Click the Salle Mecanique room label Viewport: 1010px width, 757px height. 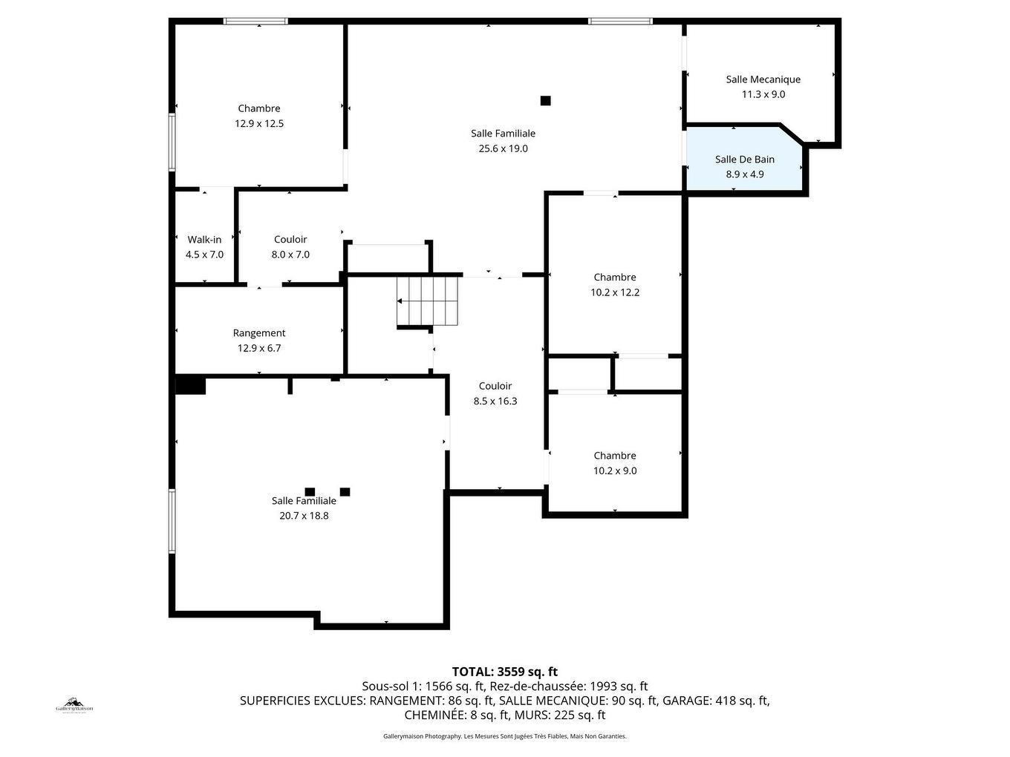coord(763,79)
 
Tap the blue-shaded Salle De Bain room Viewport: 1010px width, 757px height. coord(744,167)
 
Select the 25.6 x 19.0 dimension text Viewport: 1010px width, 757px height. coord(503,148)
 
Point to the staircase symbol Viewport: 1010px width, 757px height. coord(427,301)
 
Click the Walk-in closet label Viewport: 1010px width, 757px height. coord(204,240)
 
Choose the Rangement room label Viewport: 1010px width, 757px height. coord(259,333)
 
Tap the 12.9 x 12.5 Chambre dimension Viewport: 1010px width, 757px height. coord(259,124)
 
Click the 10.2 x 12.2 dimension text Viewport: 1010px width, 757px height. coord(615,292)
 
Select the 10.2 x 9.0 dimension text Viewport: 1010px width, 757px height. coord(615,471)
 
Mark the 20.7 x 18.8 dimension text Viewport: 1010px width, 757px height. coord(304,516)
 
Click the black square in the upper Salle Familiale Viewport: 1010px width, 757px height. coord(546,101)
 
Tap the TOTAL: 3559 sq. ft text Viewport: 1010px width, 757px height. coord(505,672)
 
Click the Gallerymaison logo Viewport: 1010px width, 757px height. coord(75,704)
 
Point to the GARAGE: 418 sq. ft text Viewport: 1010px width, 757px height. coord(715,701)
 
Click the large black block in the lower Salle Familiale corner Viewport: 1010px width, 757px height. coord(190,386)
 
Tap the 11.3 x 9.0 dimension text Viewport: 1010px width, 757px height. coord(763,94)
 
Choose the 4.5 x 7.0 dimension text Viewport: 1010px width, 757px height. coord(204,255)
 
